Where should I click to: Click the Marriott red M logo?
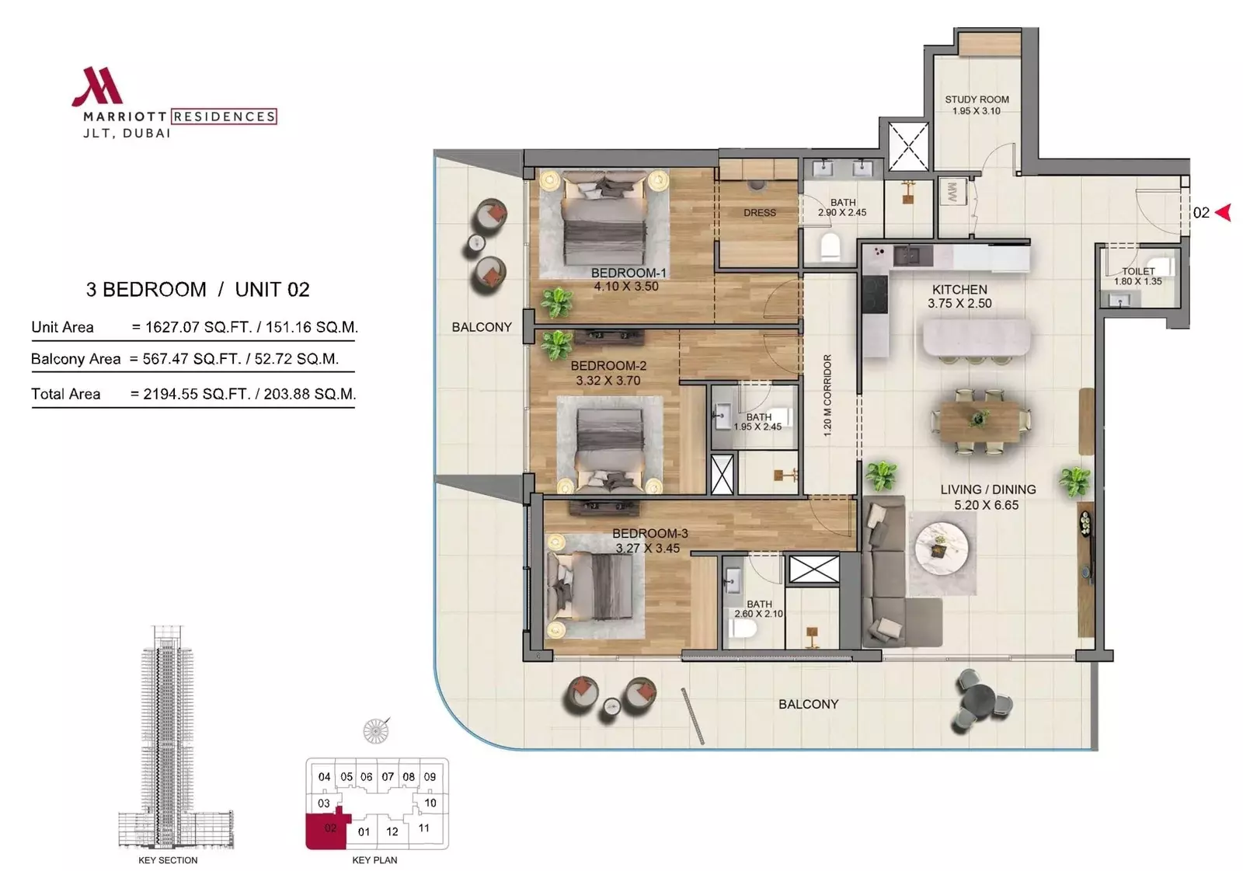[x=98, y=86]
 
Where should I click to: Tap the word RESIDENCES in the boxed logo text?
[x=225, y=117]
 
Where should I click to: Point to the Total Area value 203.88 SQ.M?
[x=310, y=394]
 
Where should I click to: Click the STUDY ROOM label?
[x=977, y=99]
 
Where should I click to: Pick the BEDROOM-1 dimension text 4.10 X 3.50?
[x=626, y=287]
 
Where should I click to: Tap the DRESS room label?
[x=760, y=213]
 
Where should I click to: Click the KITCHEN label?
[x=959, y=290]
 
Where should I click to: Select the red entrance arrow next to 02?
[x=1224, y=213]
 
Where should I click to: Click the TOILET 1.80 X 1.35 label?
[x=1137, y=276]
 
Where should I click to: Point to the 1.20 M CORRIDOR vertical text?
[x=827, y=395]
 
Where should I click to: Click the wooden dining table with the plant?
[x=980, y=421]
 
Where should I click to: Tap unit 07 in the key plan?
[x=388, y=777]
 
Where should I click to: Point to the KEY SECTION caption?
[x=168, y=860]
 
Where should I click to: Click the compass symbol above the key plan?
[x=376, y=730]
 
